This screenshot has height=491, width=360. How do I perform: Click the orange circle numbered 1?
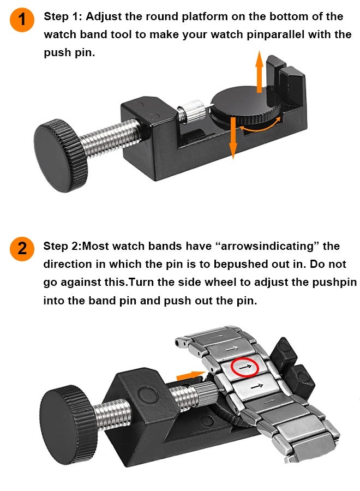pyautogui.click(x=22, y=20)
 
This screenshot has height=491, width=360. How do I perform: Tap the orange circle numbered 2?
pyautogui.click(x=22, y=249)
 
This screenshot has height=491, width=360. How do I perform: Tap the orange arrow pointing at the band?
pyautogui.click(x=191, y=375)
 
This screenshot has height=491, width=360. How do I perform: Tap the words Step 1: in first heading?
pyautogui.click(x=63, y=16)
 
